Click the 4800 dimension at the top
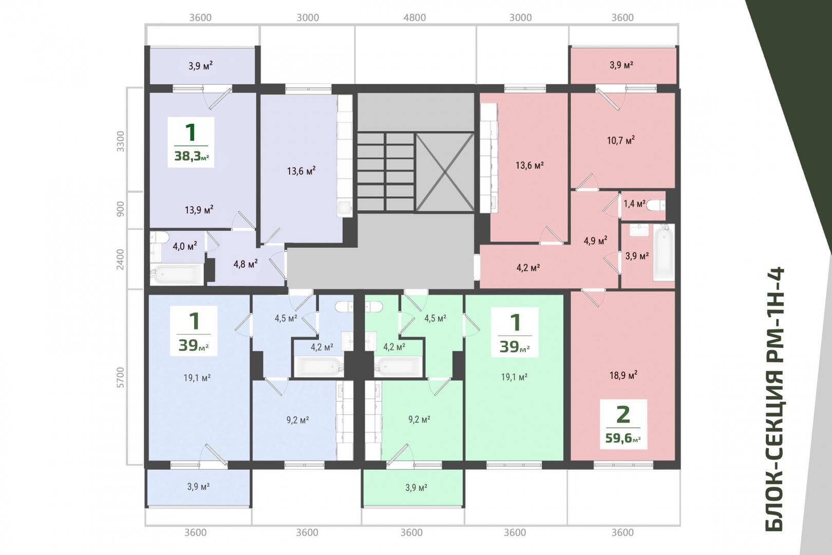[x=414, y=17]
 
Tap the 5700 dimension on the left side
[x=120, y=377]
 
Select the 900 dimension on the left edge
[x=120, y=210]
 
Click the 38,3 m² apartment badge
[x=191, y=142]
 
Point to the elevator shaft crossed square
[x=445, y=173]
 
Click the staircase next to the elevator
[x=386, y=173]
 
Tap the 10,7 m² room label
[x=620, y=140]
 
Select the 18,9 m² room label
[x=623, y=375]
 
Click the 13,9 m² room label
[x=199, y=210]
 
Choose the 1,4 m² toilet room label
[x=634, y=203]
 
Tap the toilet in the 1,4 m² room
[x=655, y=206]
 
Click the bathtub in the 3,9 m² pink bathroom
[x=664, y=252]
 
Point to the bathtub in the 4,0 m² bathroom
[x=177, y=274]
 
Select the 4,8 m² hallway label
[x=245, y=264]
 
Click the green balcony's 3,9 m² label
[x=416, y=487]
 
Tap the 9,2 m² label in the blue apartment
[x=297, y=420]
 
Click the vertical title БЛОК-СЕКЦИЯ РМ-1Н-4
[x=774, y=399]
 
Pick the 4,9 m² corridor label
[x=595, y=241]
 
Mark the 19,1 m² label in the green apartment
[x=515, y=377]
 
